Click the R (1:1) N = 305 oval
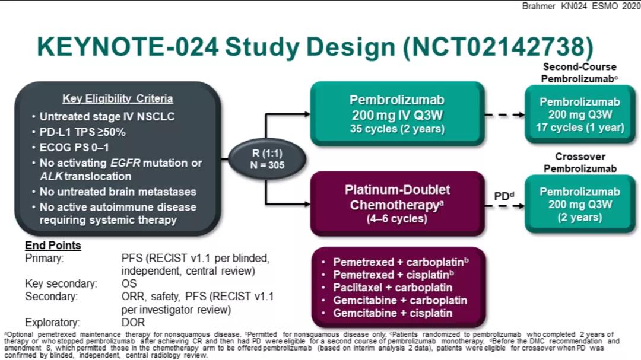267,159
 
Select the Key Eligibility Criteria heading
118,99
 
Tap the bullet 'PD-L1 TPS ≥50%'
82,132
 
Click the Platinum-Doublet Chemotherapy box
397,203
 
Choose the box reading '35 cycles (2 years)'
397,114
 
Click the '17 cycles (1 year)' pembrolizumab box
580,114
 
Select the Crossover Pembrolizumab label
580,163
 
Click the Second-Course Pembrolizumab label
580,73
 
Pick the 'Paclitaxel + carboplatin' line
392,288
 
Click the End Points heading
53,245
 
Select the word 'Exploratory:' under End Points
52,323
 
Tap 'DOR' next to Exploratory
134,323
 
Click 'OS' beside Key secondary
129,283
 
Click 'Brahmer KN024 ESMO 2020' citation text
581,6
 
